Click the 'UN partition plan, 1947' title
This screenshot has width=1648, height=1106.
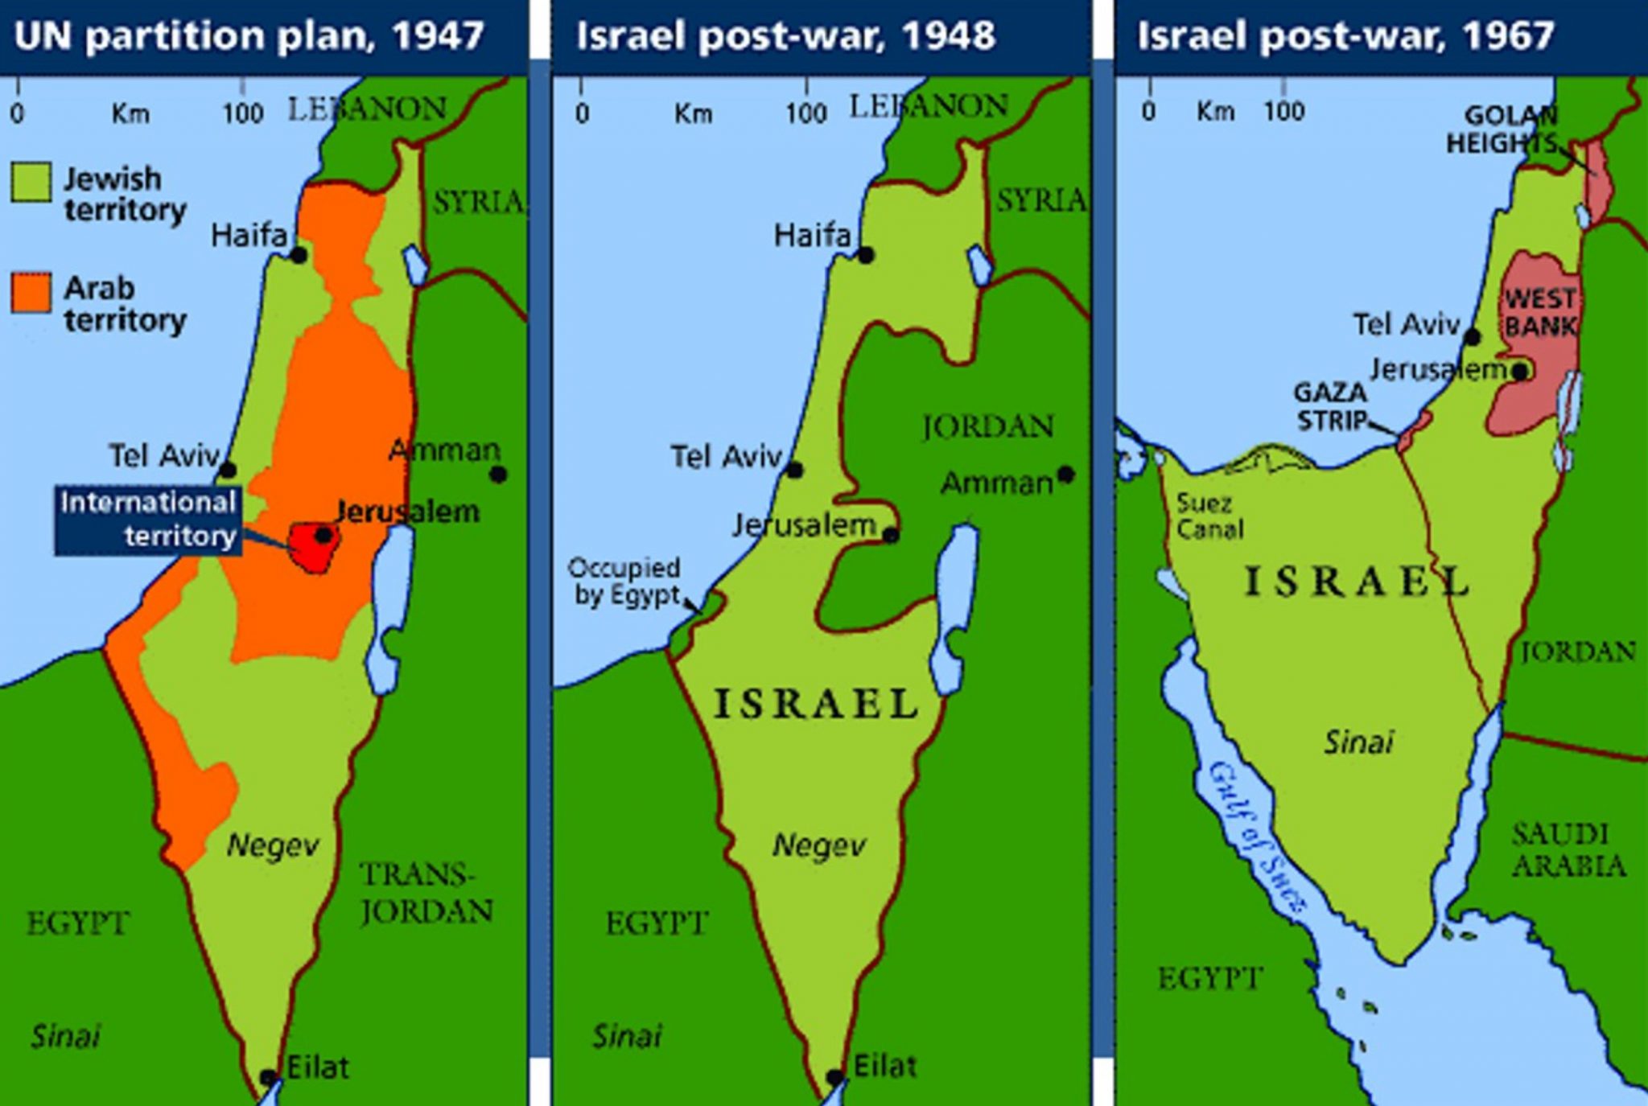tap(249, 36)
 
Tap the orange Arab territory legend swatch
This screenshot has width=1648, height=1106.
tap(31, 292)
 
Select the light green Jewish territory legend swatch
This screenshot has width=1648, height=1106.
tap(31, 181)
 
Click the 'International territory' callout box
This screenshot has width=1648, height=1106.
tap(147, 520)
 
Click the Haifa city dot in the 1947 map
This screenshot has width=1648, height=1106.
tap(299, 256)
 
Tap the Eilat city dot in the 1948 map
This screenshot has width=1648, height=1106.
tap(835, 1077)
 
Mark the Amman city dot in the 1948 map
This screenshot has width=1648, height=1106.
tap(1066, 475)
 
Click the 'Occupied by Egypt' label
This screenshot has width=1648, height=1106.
tap(625, 581)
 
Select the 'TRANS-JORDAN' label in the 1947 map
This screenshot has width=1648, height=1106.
tap(426, 893)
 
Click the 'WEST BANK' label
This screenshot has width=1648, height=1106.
tap(1539, 312)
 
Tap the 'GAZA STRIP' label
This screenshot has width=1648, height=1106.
tap(1331, 406)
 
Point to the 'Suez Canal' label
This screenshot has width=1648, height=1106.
tap(1209, 516)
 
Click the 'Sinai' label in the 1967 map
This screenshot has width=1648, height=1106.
tap(1358, 742)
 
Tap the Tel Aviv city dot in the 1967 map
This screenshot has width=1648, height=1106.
tap(1473, 337)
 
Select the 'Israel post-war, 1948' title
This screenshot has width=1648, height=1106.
tap(785, 36)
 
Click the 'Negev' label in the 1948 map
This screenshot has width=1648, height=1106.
tap(818, 845)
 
